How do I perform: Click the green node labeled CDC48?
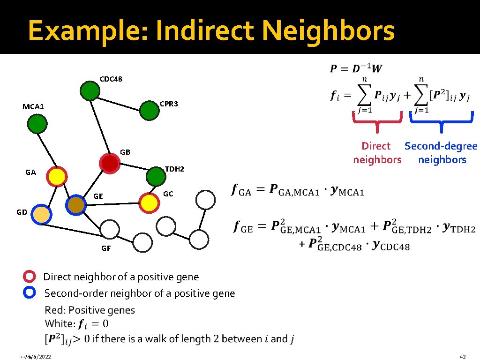click(90, 90)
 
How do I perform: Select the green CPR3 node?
click(150, 110)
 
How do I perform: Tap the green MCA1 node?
click(37, 124)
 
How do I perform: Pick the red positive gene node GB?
click(110, 163)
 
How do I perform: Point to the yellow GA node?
click(57, 176)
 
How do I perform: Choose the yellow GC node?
click(149, 202)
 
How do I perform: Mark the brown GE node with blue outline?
click(75, 205)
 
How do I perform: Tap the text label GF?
click(106, 248)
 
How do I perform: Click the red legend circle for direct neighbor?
click(30, 277)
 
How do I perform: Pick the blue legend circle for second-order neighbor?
click(30, 293)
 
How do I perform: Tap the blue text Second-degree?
click(441, 146)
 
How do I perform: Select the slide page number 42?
click(463, 357)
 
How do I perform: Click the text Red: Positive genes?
click(90, 310)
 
